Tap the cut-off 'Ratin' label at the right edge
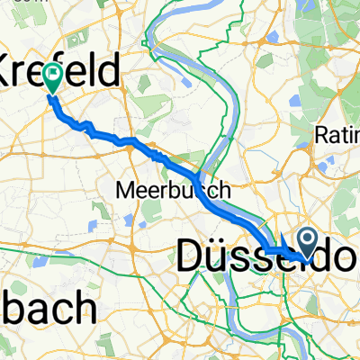coord(337,135)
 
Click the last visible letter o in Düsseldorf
coord(346,258)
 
